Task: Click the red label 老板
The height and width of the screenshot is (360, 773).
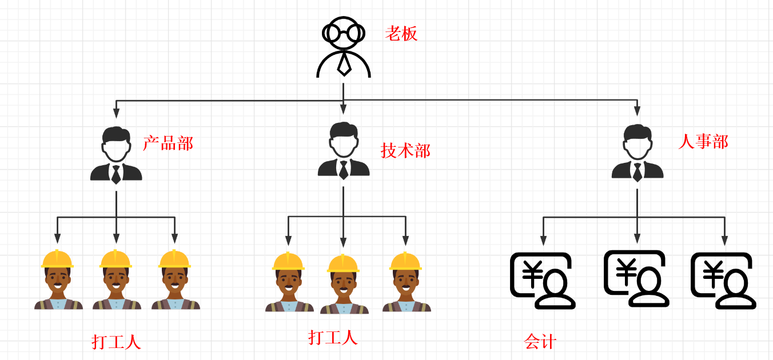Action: coord(401,33)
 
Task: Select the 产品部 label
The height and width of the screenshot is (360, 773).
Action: coord(168,143)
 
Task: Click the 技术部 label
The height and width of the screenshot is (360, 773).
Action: coord(405,150)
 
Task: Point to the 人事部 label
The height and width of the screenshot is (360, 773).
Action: coord(703,141)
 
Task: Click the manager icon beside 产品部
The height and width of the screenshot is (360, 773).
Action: coord(116,155)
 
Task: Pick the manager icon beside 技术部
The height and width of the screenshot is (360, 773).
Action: coord(344,151)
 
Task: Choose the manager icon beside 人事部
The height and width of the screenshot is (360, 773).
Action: coord(637,153)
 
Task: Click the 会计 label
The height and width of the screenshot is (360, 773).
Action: coord(540,342)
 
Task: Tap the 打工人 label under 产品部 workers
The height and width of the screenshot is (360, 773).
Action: coord(116,342)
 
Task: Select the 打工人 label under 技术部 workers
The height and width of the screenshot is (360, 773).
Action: coord(333,337)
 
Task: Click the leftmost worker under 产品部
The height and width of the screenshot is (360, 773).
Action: coord(58,280)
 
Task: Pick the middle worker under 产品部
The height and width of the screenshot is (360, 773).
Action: coord(117,280)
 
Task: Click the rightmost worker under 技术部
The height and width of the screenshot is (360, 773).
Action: coord(406,282)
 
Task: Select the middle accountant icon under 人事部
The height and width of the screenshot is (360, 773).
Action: coord(636,278)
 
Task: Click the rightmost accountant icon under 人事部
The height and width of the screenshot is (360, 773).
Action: coord(723,281)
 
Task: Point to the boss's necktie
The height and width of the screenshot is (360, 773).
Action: coord(344,63)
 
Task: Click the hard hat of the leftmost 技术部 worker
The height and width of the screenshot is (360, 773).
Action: coord(288,261)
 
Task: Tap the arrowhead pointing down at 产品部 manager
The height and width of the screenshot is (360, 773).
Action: coord(116,112)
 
